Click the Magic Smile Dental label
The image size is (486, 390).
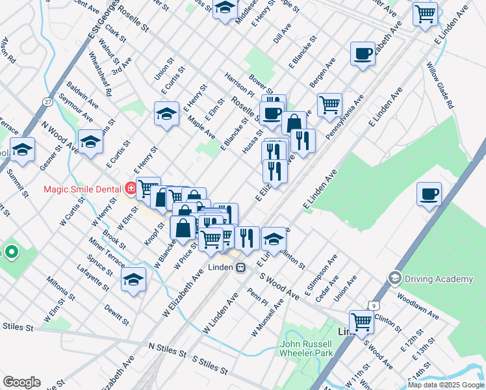pos(82,189)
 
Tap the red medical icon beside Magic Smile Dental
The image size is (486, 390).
pos(131,189)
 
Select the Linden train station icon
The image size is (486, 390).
pos(240,268)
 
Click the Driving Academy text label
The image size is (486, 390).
pos(439,279)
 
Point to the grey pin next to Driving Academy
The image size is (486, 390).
pos(394,279)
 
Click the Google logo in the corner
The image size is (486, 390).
pos(21,382)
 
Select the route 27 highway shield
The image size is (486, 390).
pos(47,102)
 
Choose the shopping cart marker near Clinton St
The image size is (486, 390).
pos(361,320)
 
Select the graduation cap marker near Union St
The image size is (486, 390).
pos(166,113)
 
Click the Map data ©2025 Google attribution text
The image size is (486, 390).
pos(446,385)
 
